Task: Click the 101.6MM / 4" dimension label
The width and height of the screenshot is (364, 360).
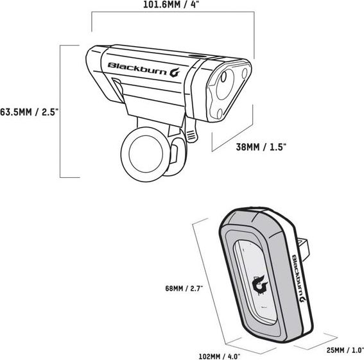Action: [x=171, y=4]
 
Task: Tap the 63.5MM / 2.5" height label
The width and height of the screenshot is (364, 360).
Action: [x=28, y=112]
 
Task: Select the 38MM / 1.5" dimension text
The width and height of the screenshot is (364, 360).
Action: [x=261, y=147]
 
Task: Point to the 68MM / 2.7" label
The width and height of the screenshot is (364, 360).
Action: [x=184, y=288]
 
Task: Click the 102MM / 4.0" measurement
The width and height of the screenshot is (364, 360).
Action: [x=220, y=356]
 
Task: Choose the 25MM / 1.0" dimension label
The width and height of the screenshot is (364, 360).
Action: [x=345, y=350]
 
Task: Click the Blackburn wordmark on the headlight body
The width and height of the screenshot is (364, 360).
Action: [x=137, y=68]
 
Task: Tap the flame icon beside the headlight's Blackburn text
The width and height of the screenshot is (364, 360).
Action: [x=175, y=72]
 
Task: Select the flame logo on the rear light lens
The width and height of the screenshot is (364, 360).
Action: [x=260, y=286]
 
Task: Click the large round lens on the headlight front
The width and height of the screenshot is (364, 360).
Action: [x=225, y=84]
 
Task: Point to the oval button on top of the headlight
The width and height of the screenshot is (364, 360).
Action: [x=196, y=56]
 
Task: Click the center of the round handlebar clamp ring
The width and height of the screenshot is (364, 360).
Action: [x=145, y=155]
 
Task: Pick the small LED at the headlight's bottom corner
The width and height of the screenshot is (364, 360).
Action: [x=220, y=114]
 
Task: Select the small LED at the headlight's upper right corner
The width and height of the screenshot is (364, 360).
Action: [x=245, y=73]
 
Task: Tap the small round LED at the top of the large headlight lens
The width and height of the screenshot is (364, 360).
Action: [x=223, y=77]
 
